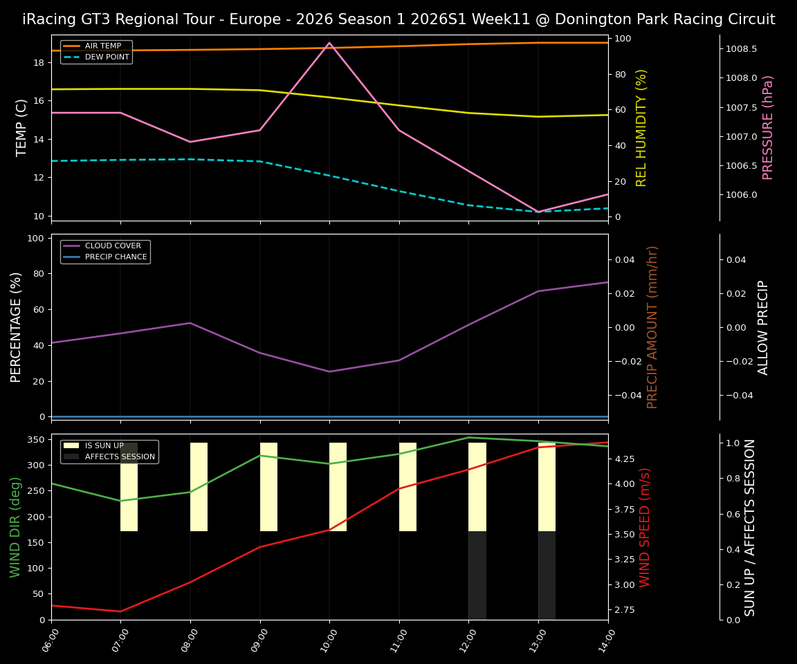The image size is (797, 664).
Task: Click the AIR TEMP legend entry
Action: tap(102, 46)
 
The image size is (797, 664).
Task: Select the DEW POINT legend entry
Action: tap(107, 57)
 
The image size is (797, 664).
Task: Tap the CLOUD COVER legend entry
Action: tap(113, 246)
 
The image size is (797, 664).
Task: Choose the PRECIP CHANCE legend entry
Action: tap(116, 257)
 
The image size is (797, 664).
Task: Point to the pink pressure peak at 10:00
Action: tap(329, 43)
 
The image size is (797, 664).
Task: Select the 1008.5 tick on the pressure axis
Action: tap(741, 49)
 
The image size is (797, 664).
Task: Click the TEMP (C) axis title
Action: tap(21, 127)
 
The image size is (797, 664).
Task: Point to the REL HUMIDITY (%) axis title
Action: tap(641, 127)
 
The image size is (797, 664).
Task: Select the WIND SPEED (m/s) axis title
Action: tap(645, 527)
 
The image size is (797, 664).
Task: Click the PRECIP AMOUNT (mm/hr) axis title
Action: tap(652, 326)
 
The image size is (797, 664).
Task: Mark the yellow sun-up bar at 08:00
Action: tap(199, 487)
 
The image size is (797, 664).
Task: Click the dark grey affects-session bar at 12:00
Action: tap(477, 575)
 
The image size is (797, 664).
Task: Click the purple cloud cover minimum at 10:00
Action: tap(329, 371)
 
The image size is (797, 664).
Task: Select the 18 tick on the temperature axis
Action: tap(39, 63)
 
